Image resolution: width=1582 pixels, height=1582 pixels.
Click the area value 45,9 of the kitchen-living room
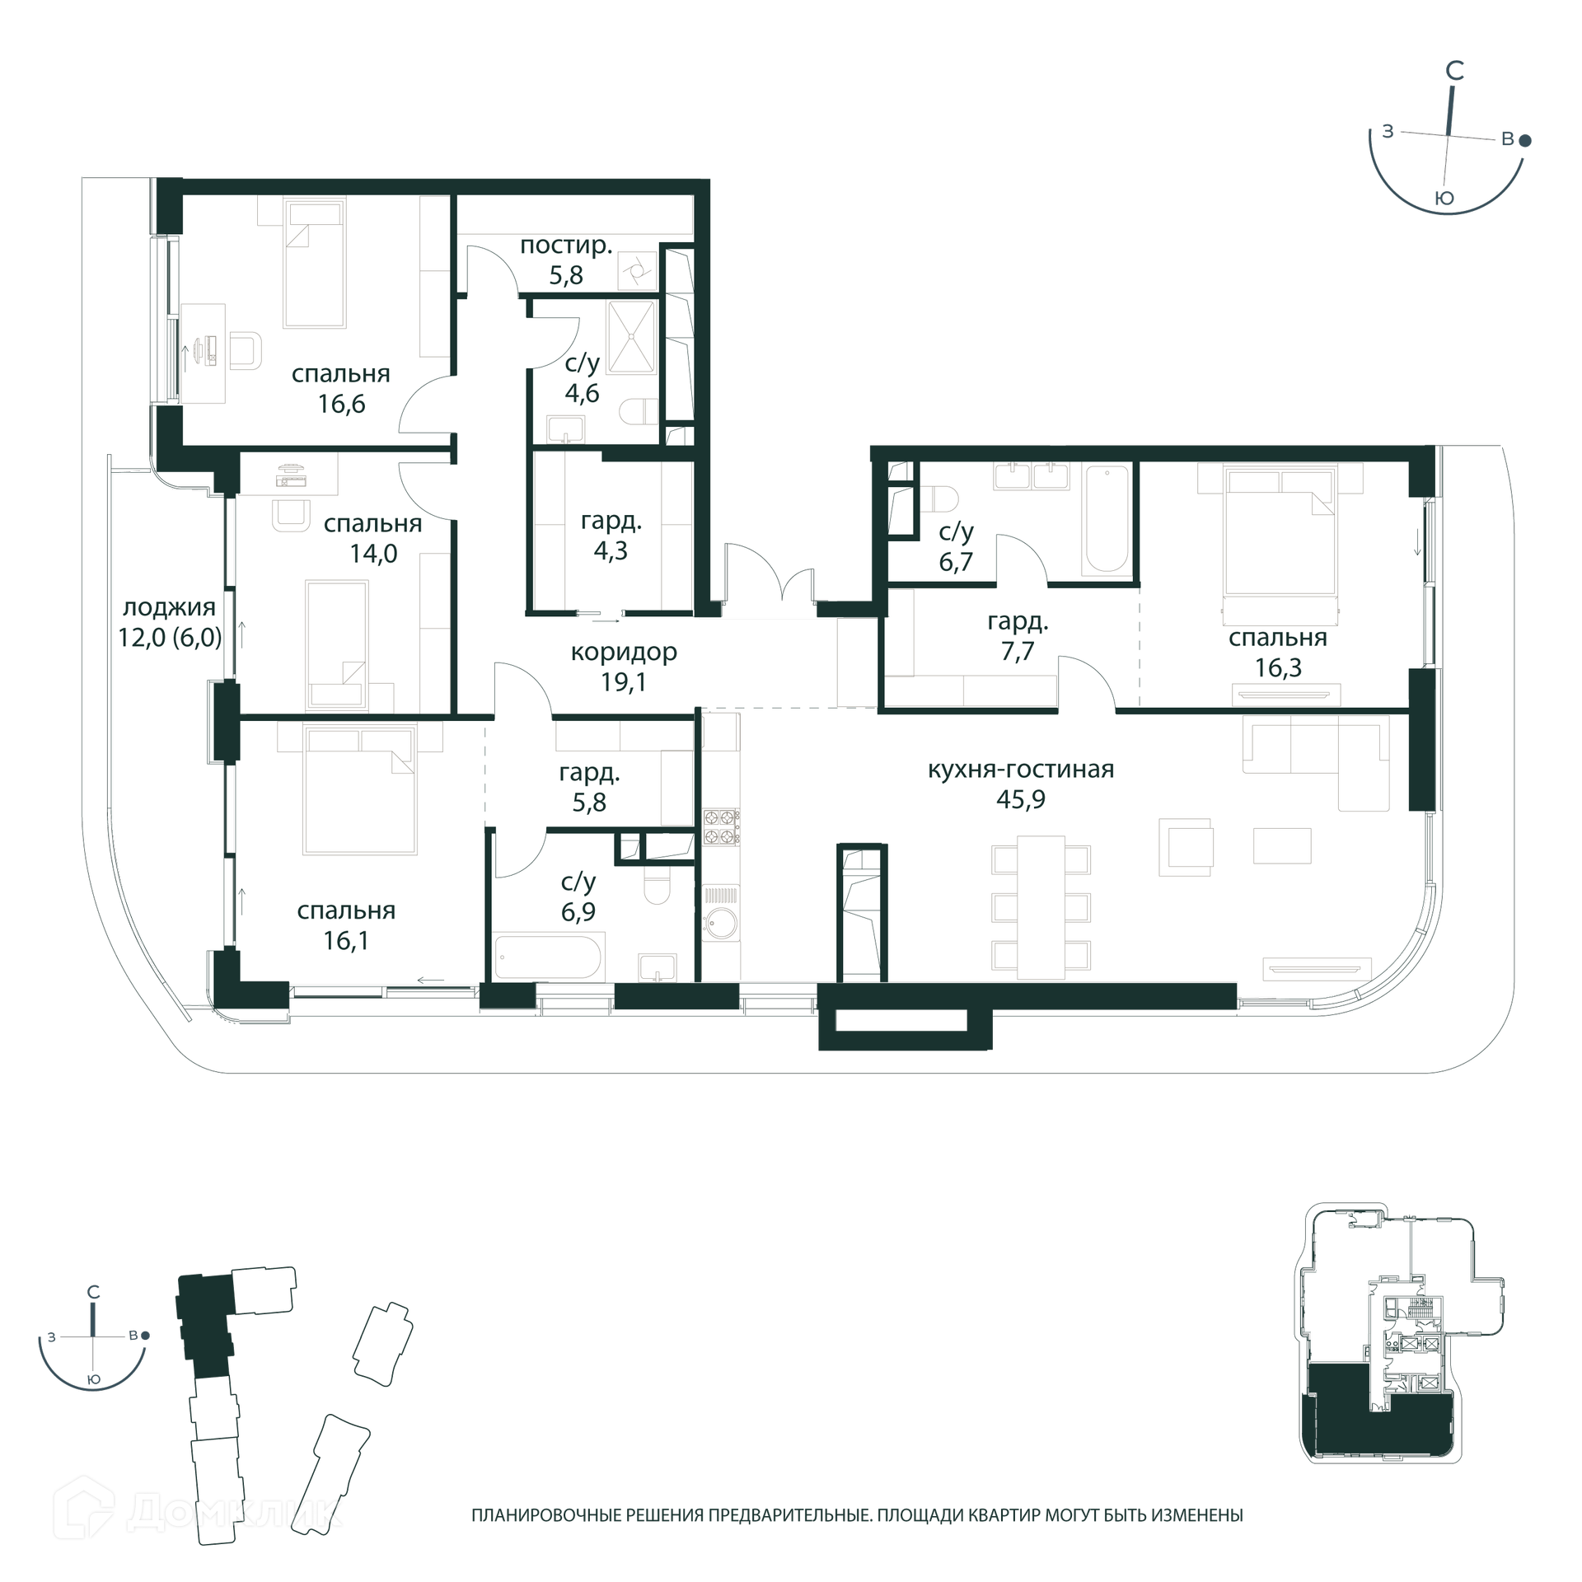tap(1020, 799)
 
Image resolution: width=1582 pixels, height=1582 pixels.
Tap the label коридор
tap(624, 653)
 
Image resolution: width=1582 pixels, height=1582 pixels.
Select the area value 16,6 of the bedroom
tap(341, 404)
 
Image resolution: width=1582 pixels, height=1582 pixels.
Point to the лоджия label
tap(169, 608)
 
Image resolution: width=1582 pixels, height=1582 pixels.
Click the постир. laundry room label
tap(566, 246)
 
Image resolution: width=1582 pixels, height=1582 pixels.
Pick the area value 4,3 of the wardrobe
tap(611, 550)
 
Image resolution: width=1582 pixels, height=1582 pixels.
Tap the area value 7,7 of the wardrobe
tap(1018, 651)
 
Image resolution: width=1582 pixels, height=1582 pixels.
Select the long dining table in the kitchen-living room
tap(1041, 907)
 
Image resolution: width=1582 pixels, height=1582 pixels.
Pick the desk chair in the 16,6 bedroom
tap(246, 349)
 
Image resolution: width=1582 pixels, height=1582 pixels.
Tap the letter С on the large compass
tap(1455, 71)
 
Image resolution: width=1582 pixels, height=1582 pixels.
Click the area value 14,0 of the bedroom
tap(373, 554)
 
